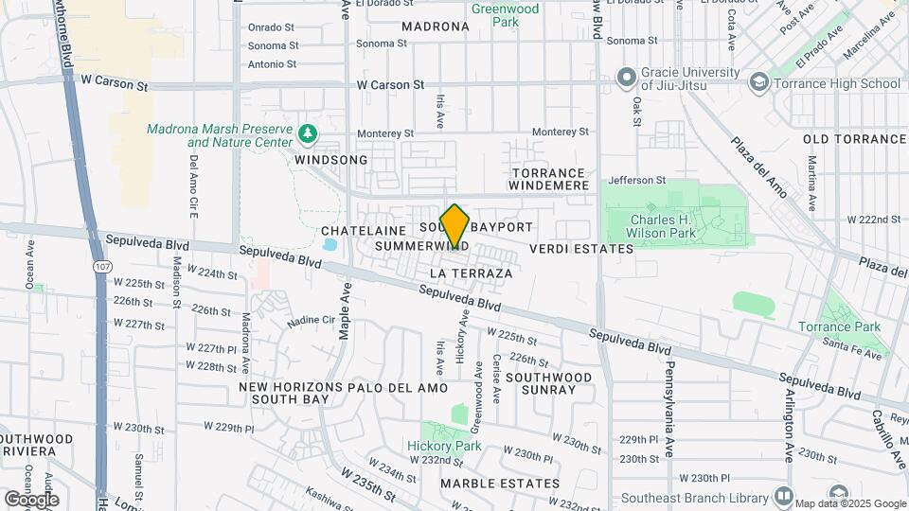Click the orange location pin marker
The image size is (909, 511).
pos(454,227)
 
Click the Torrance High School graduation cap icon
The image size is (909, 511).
pos(757,83)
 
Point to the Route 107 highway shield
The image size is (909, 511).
pos(101,268)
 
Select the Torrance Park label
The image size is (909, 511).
pos(851,326)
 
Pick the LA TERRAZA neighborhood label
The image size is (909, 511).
pos(471,273)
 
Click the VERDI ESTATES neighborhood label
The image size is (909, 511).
pos(580,249)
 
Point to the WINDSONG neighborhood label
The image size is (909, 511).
pos(330,160)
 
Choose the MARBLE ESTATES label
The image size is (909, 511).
pos(500,484)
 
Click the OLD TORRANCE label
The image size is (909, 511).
pos(850,139)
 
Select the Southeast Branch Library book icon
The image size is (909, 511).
pos(783,495)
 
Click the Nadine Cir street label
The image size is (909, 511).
pos(311,321)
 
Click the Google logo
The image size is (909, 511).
pos(31,499)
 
